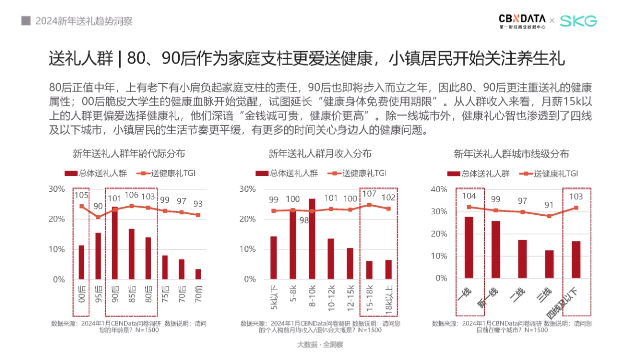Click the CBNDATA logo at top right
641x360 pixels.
[522, 21]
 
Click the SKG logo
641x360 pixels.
[578, 21]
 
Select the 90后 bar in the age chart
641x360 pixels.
[115, 243]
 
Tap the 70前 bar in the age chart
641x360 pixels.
[198, 274]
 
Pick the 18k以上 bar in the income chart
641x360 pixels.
[388, 269]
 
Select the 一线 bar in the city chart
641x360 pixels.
[469, 247]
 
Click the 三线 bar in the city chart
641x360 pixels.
[549, 264]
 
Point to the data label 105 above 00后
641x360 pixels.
[81, 195]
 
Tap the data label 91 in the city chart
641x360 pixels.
[549, 205]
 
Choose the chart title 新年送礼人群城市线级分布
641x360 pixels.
[511, 154]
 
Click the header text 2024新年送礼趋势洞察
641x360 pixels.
[84, 21]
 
